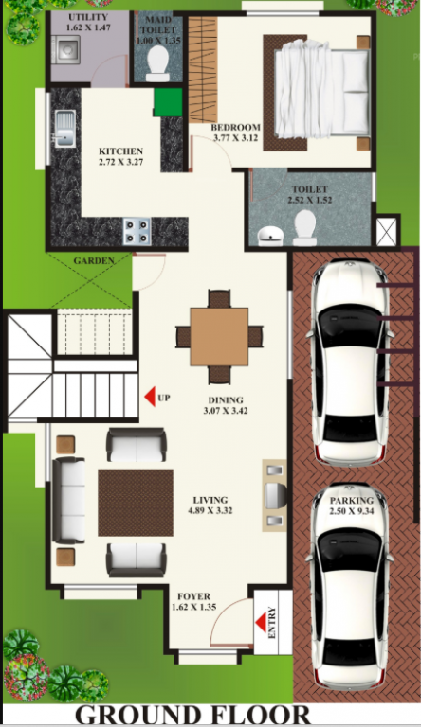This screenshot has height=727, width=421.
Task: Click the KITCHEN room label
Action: pos(121,151)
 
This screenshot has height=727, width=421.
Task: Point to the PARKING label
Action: pos(350,501)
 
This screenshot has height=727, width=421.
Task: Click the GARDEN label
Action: pos(94,259)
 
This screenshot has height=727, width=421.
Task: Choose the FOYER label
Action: pos(195,596)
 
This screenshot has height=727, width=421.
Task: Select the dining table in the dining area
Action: pos(218,336)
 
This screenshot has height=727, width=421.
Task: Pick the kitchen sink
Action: pos(64,129)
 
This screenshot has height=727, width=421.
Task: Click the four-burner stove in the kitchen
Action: pos(137,229)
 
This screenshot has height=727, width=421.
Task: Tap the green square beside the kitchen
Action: pos(167,100)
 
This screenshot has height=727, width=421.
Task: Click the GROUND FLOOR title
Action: pos(192,714)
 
